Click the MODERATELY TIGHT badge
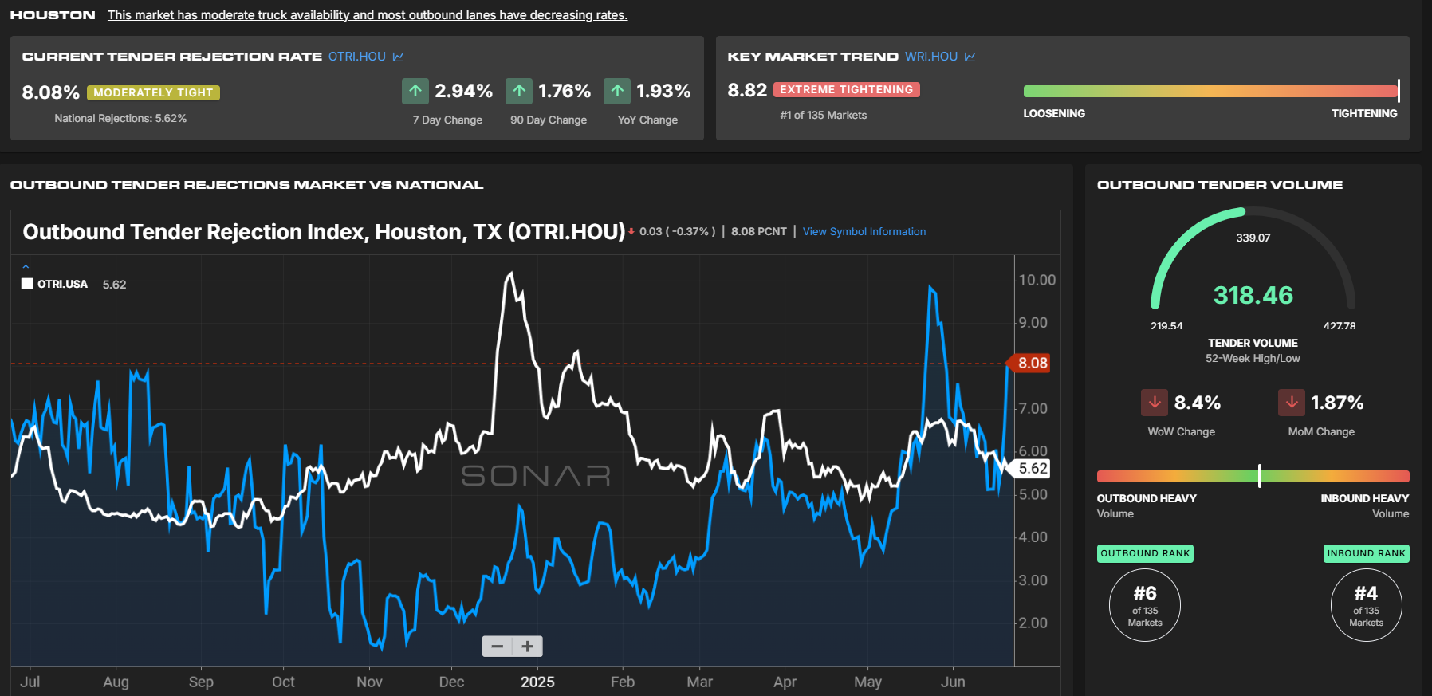[153, 92]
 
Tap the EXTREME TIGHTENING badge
[846, 90]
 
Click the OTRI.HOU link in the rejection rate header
[357, 57]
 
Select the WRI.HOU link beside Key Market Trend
[931, 57]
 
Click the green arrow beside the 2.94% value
[415, 91]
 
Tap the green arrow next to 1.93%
[617, 91]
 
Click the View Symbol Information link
[864, 232]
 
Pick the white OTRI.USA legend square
[27, 284]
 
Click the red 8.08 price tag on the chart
[1030, 363]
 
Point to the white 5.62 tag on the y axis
[1031, 469]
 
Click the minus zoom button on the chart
[498, 646]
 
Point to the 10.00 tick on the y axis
[1037, 280]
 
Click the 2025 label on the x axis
[537, 682]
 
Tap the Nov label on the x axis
[369, 682]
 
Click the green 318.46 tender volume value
[1253, 296]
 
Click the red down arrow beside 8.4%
[1155, 403]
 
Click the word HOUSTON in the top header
[53, 15]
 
